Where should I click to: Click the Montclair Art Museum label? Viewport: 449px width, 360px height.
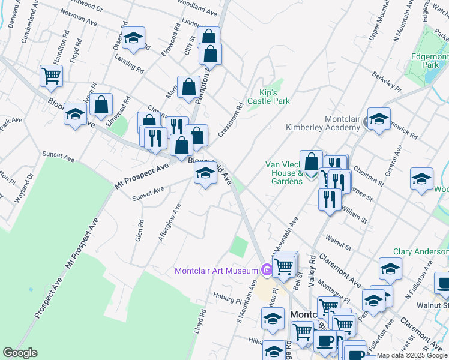[x=216, y=271]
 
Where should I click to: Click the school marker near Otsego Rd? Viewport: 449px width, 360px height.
[x=133, y=39]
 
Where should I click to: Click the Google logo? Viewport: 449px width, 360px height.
[x=20, y=353]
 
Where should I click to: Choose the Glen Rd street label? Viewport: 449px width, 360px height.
[x=140, y=230]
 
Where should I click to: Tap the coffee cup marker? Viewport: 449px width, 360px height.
[x=325, y=341]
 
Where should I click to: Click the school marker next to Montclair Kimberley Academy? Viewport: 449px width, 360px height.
[x=379, y=120]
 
